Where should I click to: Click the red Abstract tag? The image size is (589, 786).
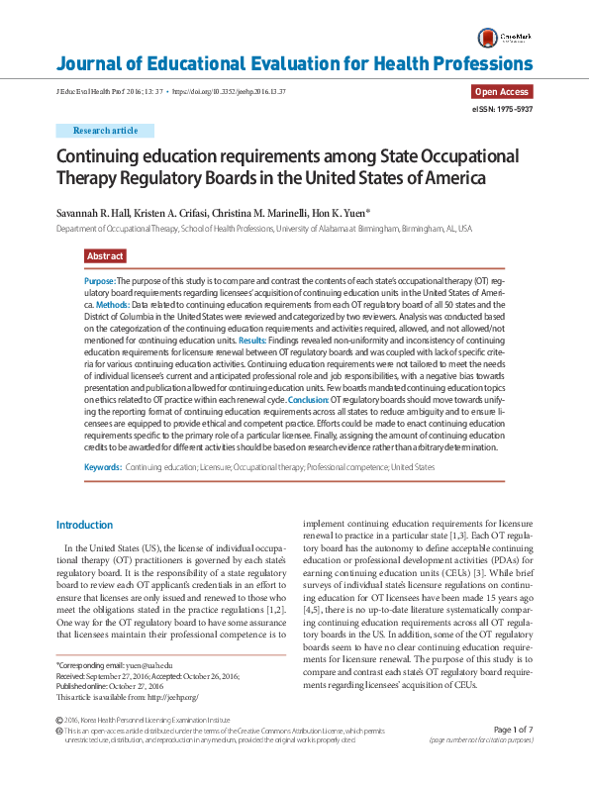pyautogui.click(x=105, y=256)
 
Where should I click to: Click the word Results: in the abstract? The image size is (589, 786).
pyautogui.click(x=252, y=340)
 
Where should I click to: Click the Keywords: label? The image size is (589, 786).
pyautogui.click(x=103, y=466)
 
